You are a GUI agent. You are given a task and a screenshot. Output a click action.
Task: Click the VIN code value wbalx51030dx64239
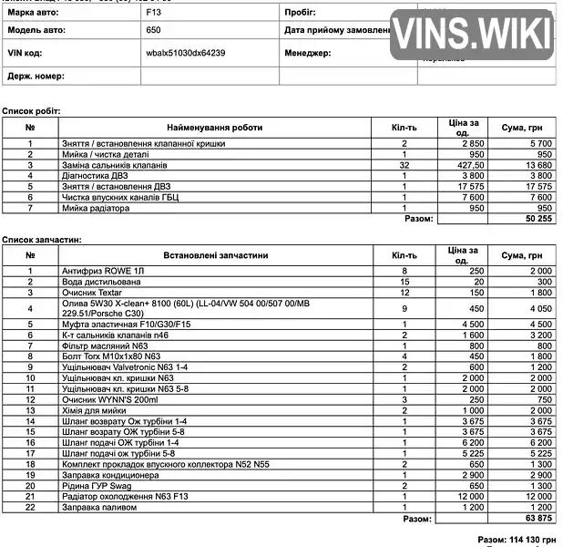[x=186, y=53]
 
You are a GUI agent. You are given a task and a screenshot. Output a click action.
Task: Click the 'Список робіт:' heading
[x=30, y=110]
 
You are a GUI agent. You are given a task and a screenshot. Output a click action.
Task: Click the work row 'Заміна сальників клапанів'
[x=114, y=165]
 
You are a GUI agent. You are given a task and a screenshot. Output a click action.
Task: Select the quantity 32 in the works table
[x=404, y=165]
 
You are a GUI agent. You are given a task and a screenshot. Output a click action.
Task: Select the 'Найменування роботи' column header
[x=215, y=128]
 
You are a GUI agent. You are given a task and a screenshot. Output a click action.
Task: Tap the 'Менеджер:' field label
[x=308, y=53]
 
